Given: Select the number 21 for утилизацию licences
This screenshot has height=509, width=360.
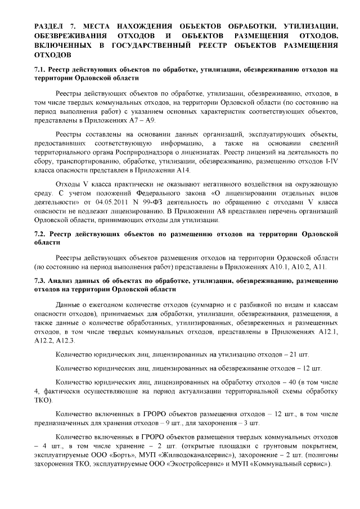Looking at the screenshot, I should point(292,354).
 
